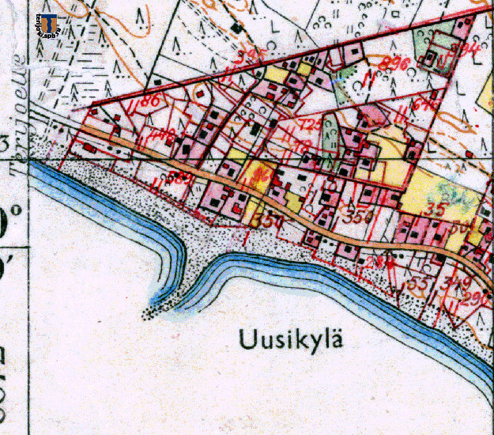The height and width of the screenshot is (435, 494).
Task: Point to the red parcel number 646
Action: [425, 104]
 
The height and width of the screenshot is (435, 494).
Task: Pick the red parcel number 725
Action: [311, 125]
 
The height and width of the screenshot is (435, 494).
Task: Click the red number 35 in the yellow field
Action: [433, 210]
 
